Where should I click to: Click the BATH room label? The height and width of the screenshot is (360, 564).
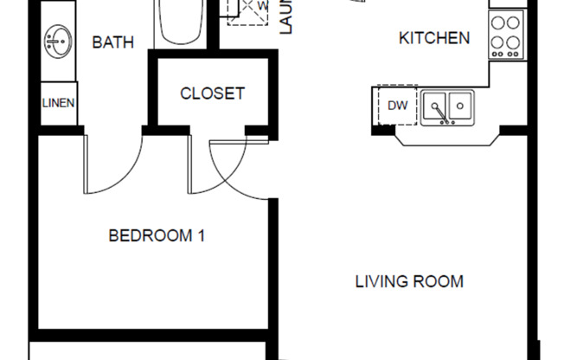click(113, 42)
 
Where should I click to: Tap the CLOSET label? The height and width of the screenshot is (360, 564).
click(212, 93)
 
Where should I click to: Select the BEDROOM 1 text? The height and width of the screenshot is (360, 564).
click(157, 235)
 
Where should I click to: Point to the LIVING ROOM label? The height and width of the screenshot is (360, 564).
click(409, 281)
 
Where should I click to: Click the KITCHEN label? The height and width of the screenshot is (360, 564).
click(434, 38)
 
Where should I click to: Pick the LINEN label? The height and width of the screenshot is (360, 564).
click(58, 103)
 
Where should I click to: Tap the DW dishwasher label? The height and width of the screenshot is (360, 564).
click(397, 106)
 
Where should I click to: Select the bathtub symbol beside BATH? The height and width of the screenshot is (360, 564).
click(181, 22)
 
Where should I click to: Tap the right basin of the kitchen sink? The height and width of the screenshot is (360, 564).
click(462, 107)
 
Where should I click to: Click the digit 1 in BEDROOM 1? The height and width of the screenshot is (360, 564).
click(201, 235)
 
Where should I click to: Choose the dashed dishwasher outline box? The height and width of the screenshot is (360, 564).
click(397, 106)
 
